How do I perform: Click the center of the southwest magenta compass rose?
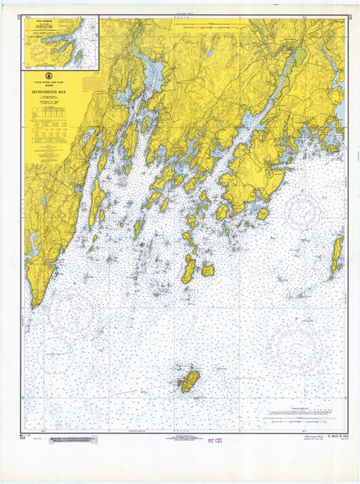pyautogui.click(x=73, y=311)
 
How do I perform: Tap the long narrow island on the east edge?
pyautogui.click(x=337, y=253)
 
